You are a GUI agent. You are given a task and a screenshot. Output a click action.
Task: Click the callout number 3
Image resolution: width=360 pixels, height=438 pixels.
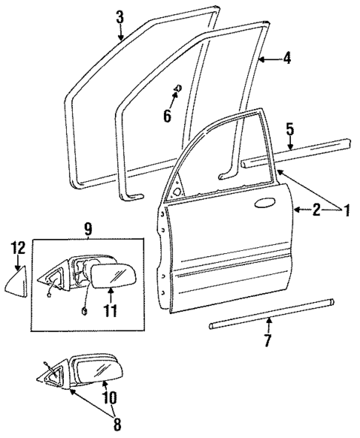[120, 15]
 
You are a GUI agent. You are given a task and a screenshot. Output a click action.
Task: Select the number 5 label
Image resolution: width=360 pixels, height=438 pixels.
[290, 128]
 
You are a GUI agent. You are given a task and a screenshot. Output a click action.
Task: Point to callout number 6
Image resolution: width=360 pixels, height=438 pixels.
[167, 116]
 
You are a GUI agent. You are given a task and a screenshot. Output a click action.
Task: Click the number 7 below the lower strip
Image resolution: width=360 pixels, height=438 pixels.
[268, 341]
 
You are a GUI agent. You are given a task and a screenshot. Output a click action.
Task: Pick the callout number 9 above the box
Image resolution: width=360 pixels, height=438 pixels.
[88, 229]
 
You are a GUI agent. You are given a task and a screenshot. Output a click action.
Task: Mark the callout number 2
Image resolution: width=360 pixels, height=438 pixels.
[315, 212]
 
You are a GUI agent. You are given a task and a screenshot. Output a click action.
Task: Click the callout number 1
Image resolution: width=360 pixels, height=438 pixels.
[345, 212]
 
